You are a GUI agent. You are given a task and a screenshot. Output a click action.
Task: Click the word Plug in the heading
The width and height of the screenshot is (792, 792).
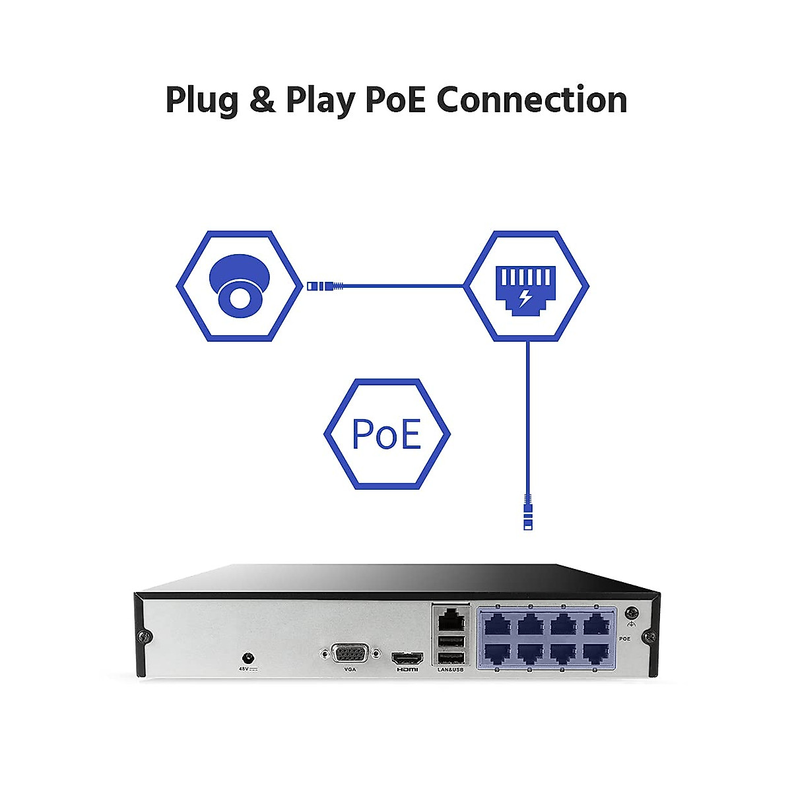(202, 101)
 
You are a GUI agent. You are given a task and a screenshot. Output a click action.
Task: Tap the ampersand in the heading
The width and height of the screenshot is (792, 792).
(262, 100)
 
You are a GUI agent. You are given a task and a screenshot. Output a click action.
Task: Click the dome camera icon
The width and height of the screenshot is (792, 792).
(238, 284)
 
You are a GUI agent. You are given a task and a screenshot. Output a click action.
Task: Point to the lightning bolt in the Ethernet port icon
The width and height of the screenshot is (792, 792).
(525, 298)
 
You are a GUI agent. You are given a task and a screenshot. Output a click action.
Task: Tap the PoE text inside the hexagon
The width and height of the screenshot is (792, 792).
(387, 434)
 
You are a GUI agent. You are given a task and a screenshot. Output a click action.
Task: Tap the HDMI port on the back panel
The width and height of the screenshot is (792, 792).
(407, 658)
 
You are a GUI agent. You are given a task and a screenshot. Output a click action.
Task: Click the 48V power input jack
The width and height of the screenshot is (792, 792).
(248, 657)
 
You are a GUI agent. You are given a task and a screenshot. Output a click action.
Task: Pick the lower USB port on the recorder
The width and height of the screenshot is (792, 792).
(450, 657)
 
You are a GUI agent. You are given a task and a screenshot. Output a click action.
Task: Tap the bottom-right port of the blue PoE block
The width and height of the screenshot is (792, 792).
(595, 653)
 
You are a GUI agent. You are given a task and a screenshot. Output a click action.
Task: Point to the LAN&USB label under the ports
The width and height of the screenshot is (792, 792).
(450, 670)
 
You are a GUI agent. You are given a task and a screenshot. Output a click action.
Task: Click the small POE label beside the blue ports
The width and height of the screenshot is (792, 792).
(625, 639)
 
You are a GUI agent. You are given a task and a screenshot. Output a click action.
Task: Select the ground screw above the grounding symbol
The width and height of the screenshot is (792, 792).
(632, 612)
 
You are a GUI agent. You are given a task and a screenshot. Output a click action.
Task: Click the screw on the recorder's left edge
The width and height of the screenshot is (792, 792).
(144, 636)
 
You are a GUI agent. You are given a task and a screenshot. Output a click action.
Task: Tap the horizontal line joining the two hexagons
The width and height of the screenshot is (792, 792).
(403, 286)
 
